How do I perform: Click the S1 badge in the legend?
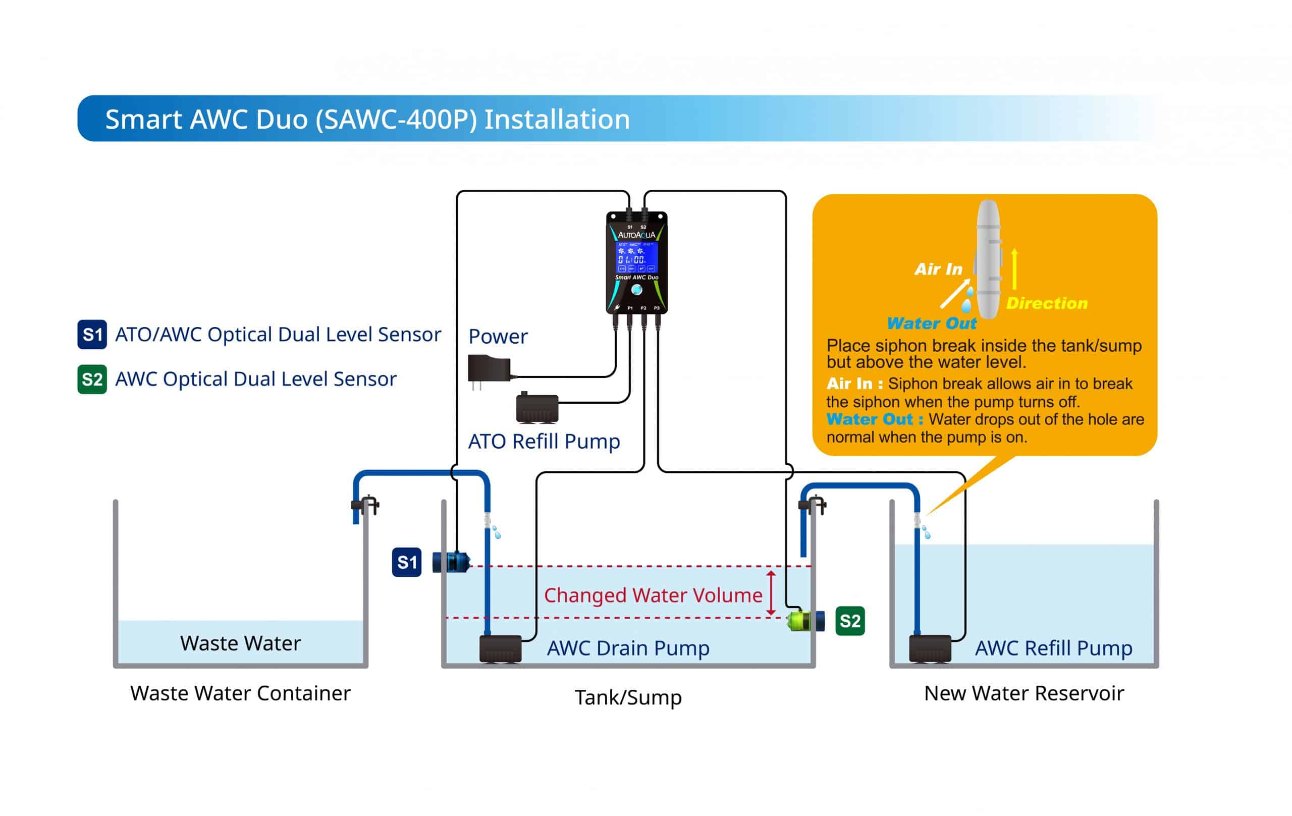point(92,334)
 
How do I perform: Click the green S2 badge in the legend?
point(92,379)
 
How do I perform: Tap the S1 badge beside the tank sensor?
point(406,562)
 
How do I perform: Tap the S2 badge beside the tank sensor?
point(850,621)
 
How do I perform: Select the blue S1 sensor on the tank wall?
point(451,562)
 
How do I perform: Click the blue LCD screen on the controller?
point(636,258)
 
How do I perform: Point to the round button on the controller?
point(637,290)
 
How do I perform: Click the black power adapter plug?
point(488,369)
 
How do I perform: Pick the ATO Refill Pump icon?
point(536,408)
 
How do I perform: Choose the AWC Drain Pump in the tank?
point(500,649)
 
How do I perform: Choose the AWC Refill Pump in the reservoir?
point(930,649)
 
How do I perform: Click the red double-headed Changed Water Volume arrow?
point(771,593)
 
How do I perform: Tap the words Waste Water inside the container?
point(240,643)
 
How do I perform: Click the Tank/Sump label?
point(628,697)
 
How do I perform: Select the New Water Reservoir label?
point(1024,693)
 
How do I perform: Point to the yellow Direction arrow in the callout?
point(1014,269)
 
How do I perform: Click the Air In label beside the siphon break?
point(938,269)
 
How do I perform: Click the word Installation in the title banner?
point(557,119)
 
